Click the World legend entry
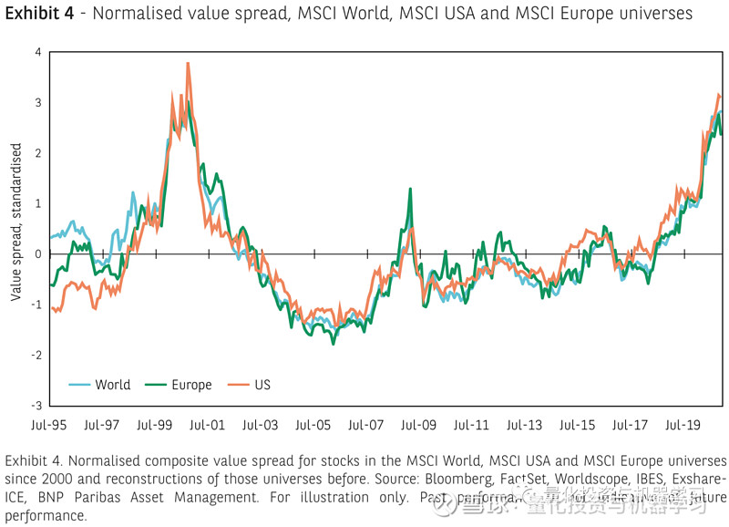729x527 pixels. (112, 385)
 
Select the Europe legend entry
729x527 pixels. (191, 385)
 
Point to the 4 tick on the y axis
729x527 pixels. (37, 52)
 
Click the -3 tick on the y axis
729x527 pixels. (36, 406)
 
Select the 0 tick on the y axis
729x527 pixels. (37, 254)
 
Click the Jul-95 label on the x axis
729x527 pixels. (49, 425)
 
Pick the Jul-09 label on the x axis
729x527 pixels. (419, 425)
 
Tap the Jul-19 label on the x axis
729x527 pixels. (683, 425)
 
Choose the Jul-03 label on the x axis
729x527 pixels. (261, 425)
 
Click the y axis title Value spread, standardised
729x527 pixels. (15, 228)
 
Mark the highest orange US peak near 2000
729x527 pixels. (188, 64)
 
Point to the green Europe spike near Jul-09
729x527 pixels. (410, 190)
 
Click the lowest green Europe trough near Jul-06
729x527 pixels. (333, 343)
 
